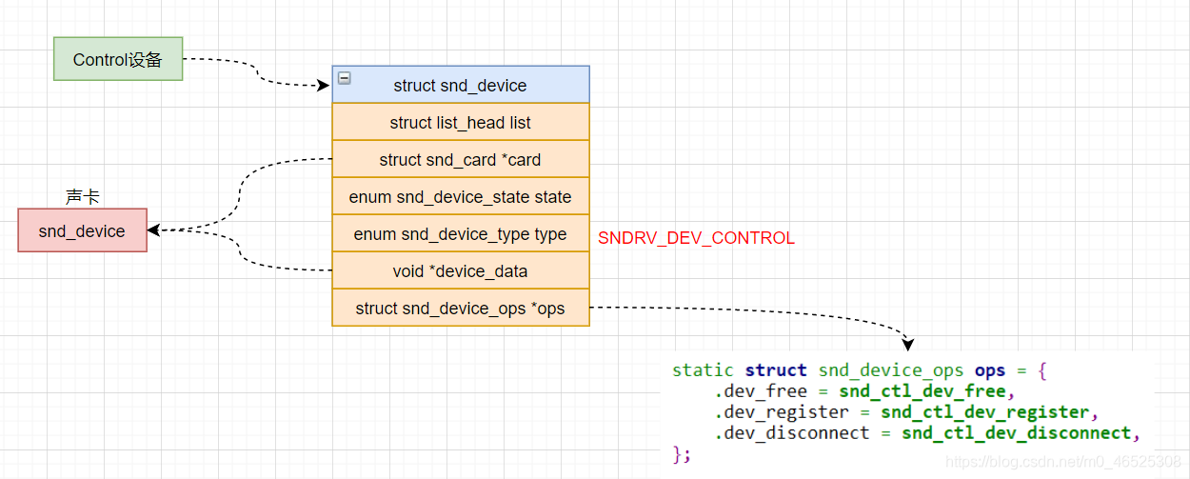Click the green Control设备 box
tap(118, 59)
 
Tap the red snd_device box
tap(82, 230)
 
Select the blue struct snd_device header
tap(461, 85)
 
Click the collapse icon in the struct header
tap(345, 78)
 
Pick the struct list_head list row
tap(461, 123)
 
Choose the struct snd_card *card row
tap(461, 160)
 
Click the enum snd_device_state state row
tap(461, 197)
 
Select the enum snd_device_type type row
tap(461, 234)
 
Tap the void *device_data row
tap(461, 271)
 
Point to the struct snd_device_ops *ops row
tap(461, 309)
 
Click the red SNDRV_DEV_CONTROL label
tap(696, 238)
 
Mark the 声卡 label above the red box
tap(82, 197)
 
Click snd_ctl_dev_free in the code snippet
tap(922, 391)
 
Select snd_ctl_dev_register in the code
tap(984, 412)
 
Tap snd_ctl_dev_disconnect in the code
tap(1016, 433)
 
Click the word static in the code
tap(703, 370)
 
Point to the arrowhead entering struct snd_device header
tap(324, 85)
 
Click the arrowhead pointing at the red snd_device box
tap(153, 230)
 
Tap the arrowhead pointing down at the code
tap(908, 344)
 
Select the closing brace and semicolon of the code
tap(682, 454)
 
